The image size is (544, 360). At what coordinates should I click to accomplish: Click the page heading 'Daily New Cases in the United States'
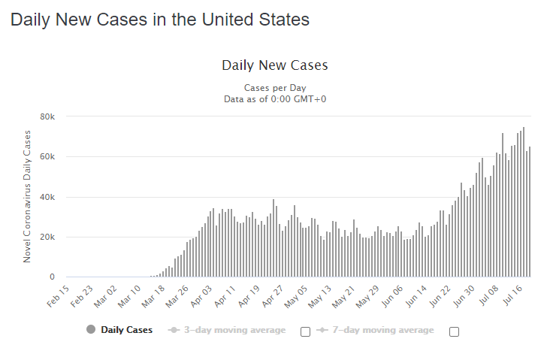click(159, 20)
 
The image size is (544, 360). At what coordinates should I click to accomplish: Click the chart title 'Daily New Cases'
click(274, 65)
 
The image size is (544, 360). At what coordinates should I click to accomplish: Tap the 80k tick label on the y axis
click(47, 116)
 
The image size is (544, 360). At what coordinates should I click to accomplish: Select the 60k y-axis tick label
click(47, 157)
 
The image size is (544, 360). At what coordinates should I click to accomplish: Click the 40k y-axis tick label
click(47, 197)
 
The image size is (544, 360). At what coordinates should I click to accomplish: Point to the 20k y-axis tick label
click(47, 237)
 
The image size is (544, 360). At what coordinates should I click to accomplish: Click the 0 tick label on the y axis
click(52, 277)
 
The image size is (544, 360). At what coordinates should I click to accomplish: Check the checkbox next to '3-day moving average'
click(305, 331)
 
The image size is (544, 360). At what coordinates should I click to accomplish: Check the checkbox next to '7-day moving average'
click(454, 331)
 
